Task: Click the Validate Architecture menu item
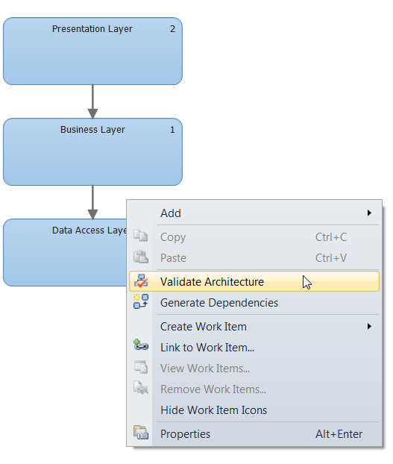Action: point(212,282)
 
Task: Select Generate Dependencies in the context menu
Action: point(218,303)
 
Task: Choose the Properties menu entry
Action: point(185,434)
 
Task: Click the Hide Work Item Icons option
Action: point(213,410)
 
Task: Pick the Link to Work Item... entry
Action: point(207,348)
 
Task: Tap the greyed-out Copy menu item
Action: point(173,237)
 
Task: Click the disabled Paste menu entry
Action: point(173,258)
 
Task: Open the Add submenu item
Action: point(171,213)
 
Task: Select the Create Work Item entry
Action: point(203,327)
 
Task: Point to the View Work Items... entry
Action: point(204,369)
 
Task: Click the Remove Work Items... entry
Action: point(213,389)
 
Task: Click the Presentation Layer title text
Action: point(92,29)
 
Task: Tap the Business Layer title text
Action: point(92,130)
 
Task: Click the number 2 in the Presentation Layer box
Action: point(172,29)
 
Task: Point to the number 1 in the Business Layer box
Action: point(172,130)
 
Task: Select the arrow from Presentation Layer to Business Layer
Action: point(92,101)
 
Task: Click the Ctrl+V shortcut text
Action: point(330,258)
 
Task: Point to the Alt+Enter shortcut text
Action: point(339,434)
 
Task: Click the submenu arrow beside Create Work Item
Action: point(369,327)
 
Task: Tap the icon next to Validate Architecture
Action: point(140,282)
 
